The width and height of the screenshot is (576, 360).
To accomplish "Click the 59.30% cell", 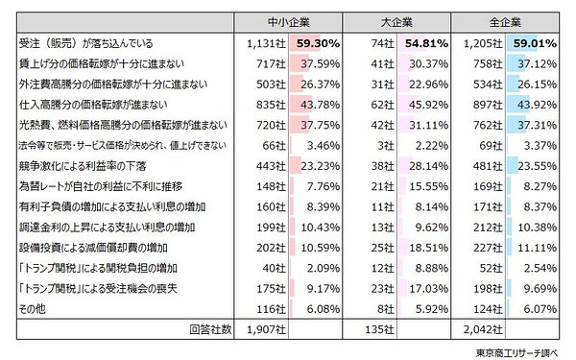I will tap(318, 43).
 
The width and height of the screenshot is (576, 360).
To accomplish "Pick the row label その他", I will tap(30, 308).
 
